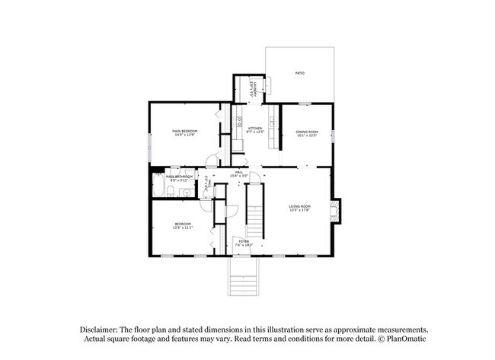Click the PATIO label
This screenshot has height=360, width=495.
click(299, 73)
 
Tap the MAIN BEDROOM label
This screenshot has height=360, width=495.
click(184, 132)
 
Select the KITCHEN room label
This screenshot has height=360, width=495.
click(254, 128)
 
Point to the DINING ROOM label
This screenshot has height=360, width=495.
click(307, 132)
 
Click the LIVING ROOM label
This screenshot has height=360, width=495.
click(300, 206)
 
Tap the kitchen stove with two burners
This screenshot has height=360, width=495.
click(238, 120)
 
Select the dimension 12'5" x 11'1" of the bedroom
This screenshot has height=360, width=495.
click(180, 228)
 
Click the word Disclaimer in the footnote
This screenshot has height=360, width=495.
click(101, 329)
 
